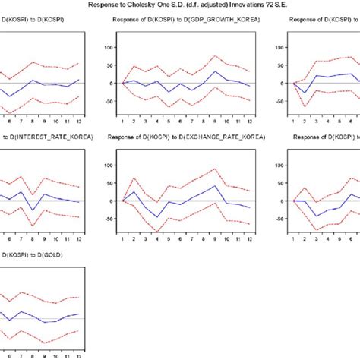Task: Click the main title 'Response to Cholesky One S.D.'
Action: (180, 5)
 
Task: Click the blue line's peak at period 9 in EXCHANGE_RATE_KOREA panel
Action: (215, 186)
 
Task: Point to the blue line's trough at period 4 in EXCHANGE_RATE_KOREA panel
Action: (157, 217)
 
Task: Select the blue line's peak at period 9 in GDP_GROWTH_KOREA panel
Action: (215, 71)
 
